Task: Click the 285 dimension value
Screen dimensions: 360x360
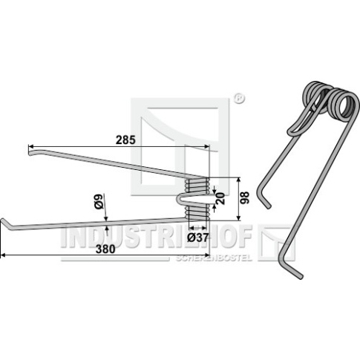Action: coord(125,140)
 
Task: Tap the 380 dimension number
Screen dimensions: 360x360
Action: coord(105,249)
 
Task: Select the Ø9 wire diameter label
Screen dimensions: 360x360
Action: coord(99,201)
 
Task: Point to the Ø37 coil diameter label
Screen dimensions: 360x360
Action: coord(197,238)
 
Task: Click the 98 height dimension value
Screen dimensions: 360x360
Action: coord(246,198)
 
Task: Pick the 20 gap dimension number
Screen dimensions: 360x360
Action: coord(221,198)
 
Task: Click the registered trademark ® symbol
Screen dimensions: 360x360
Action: coord(239,99)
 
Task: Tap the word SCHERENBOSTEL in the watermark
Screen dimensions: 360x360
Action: coord(214,258)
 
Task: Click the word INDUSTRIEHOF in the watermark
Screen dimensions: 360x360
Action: coord(157,236)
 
